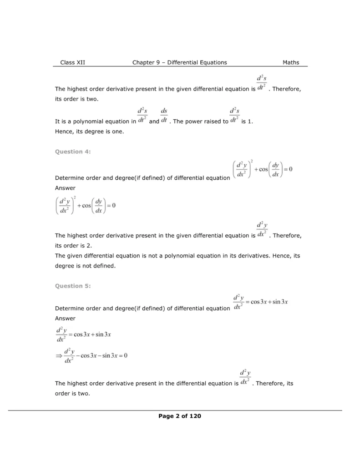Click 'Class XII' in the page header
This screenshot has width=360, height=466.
click(72, 62)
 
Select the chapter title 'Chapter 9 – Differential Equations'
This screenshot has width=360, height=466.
click(179, 62)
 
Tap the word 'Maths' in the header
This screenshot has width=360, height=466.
click(291, 62)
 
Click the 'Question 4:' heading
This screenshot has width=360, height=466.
click(73, 152)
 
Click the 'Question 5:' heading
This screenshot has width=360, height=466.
click(73, 286)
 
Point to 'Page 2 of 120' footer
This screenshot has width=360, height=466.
click(180, 416)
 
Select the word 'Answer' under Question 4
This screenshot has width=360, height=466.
click(65, 188)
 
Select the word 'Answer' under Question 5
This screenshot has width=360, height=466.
click(65, 319)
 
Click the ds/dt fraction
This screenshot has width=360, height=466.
click(164, 117)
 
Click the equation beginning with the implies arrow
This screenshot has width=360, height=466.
click(91, 356)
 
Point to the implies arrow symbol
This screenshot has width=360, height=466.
click(58, 356)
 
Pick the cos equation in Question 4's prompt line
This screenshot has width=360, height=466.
click(262, 170)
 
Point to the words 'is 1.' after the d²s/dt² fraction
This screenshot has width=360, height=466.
click(249, 122)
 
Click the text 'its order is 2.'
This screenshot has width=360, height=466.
click(73, 245)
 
